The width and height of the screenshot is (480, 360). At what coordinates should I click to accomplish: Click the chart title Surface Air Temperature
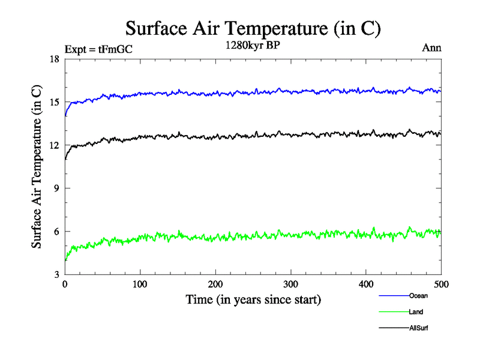tap(253, 28)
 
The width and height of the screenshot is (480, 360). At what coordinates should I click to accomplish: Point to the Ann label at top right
tap(432, 49)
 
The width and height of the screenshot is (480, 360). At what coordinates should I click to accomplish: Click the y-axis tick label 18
tap(54, 59)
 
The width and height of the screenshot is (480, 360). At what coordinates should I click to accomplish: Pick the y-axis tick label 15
tap(54, 102)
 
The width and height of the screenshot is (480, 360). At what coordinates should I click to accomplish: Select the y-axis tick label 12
tap(54, 145)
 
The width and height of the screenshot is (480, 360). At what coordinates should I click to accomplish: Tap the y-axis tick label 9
tap(56, 188)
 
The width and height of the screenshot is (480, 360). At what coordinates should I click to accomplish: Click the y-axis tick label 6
tap(56, 232)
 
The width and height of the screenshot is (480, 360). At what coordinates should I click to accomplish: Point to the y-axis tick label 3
tap(56, 275)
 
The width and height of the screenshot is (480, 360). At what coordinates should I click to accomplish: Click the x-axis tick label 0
tap(65, 284)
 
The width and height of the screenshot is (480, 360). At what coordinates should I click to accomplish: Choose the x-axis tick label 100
tap(140, 284)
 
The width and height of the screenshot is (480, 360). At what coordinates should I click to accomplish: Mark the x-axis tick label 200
tap(215, 284)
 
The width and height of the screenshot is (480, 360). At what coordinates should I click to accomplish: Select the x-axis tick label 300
tap(291, 284)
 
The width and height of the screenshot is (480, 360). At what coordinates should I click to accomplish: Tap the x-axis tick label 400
tap(366, 284)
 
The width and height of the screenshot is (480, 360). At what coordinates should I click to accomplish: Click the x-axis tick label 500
tap(441, 284)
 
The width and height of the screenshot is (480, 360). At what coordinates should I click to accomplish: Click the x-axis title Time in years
tap(253, 299)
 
